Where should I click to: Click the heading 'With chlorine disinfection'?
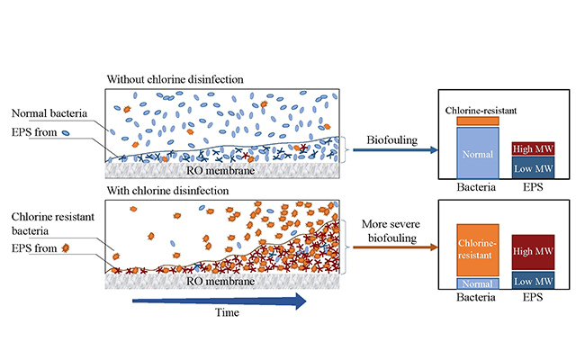point(167,191)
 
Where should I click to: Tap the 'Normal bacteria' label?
point(49,113)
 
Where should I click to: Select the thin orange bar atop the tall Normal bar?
point(477,121)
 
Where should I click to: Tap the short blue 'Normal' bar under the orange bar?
point(477,283)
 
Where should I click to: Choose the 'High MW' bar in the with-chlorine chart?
point(533,252)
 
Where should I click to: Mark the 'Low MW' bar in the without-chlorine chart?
point(533,167)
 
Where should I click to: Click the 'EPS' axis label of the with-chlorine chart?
point(533,298)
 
